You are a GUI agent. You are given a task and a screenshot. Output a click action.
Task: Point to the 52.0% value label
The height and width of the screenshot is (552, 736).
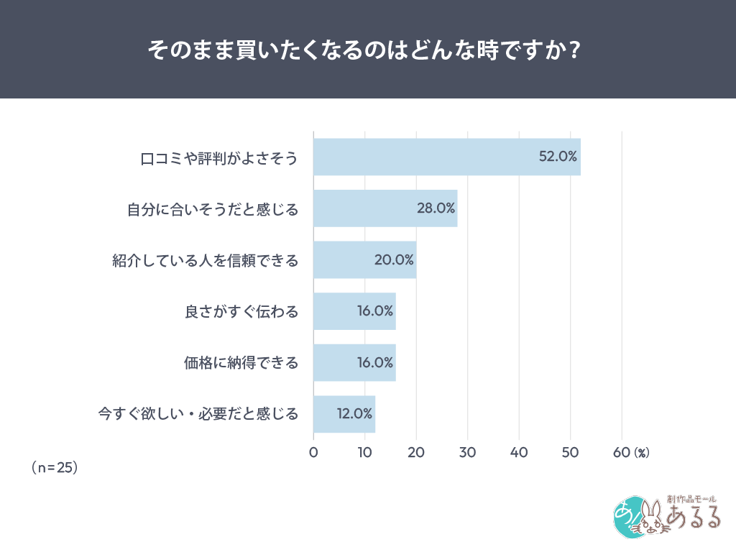[558, 157]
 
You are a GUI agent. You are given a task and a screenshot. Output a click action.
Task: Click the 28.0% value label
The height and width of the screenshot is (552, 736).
[436, 208]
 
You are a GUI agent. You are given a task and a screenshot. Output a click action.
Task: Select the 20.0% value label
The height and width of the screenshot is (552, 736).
[394, 260]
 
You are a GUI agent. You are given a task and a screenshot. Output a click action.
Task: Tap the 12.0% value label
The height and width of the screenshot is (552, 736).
[354, 414]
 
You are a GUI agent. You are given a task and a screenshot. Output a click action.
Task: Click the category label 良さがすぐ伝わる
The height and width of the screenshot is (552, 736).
[241, 312]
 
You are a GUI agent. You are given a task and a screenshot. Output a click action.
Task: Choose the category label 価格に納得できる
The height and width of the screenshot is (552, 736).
[241, 363]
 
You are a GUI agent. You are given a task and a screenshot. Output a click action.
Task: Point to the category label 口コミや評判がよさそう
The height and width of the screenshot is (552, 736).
[218, 157]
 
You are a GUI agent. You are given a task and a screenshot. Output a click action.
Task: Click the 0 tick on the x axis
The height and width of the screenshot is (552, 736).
[313, 452]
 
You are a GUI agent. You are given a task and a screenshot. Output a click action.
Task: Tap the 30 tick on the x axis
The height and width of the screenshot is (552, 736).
[467, 452]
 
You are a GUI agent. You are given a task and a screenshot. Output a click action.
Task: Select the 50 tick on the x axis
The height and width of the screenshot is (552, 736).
[570, 452]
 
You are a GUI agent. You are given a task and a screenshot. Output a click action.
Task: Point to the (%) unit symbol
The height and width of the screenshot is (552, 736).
[641, 453]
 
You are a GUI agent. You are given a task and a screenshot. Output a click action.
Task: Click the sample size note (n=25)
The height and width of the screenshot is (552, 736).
[55, 467]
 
